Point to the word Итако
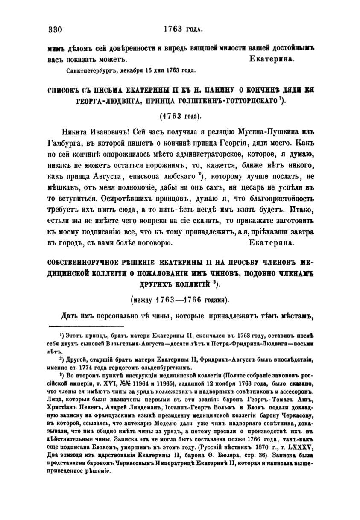tap(301, 210)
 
